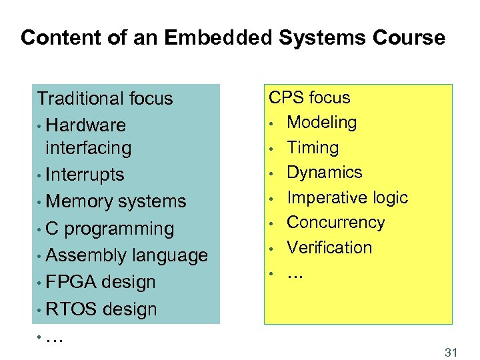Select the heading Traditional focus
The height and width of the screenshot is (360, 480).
(105, 99)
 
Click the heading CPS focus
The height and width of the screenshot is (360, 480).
(309, 97)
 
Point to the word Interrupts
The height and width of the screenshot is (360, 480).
(86, 175)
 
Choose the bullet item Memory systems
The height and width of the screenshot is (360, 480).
(117, 201)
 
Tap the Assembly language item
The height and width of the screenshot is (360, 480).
(127, 255)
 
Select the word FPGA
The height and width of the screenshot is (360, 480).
(76, 282)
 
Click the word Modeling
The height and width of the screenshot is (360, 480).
(321, 123)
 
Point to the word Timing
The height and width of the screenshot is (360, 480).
(313, 147)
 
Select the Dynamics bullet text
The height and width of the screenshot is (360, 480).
(324, 172)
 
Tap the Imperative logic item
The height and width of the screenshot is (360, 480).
(347, 197)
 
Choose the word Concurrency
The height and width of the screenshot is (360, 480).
(336, 222)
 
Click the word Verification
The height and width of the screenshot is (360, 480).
(329, 247)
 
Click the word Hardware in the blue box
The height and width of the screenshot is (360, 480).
(87, 125)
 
